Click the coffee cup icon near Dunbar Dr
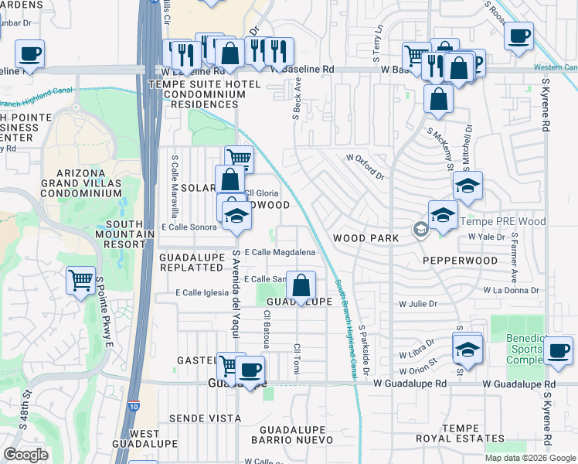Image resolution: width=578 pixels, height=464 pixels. [29, 53]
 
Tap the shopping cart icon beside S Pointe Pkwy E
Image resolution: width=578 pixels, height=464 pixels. [81, 281]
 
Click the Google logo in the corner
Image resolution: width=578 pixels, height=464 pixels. [26, 454]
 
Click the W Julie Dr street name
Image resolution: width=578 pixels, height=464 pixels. [418, 304]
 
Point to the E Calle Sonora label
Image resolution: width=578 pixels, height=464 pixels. [189, 227]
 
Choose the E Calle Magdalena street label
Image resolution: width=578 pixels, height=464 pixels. [280, 252]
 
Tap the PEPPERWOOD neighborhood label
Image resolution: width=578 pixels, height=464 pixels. [461, 261]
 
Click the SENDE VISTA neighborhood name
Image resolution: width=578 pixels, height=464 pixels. [205, 418]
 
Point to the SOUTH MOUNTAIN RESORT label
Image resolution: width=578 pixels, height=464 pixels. [120, 233]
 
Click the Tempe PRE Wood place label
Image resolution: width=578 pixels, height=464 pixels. [503, 222]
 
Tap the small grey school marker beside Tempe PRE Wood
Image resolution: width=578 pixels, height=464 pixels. [420, 229]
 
